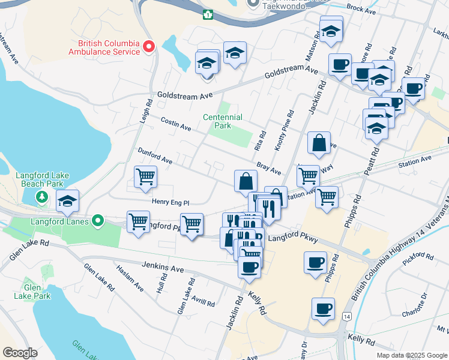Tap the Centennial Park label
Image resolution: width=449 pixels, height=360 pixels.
pos(223,122)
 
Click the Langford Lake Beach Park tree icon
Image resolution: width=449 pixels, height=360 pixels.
pos(41,196)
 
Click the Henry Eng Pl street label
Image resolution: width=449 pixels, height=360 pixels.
pos(170,203)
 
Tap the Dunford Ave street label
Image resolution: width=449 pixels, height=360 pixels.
pos(155,156)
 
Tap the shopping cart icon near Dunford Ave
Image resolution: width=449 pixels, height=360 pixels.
pos(145,177)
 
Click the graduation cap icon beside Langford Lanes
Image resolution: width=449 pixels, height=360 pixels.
pos(68,201)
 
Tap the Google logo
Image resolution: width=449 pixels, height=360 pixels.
pos(20,353)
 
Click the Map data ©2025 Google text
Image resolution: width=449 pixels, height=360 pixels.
pos(411,355)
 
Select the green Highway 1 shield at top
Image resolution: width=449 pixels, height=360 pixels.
pos(208,14)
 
